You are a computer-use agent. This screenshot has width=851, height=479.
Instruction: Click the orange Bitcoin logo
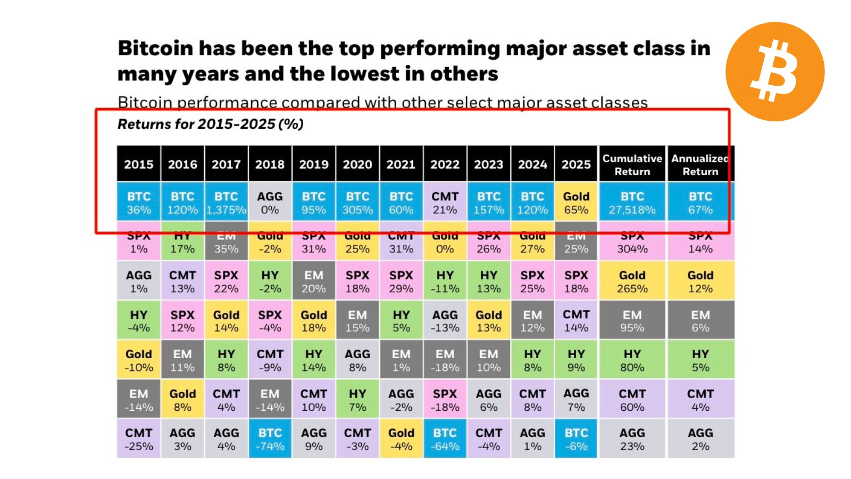click(x=775, y=71)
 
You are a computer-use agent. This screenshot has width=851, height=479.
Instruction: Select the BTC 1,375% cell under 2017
click(x=226, y=203)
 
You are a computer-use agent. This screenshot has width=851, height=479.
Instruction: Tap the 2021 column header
click(x=401, y=164)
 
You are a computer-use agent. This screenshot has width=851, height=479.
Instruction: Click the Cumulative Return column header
click(x=632, y=164)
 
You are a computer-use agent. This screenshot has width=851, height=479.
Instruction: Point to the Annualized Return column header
click(x=700, y=164)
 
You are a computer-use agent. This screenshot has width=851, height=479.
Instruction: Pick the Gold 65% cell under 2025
click(x=576, y=203)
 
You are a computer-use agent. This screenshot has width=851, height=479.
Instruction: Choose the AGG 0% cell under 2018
click(x=270, y=203)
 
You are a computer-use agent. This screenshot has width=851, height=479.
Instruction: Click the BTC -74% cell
click(x=270, y=439)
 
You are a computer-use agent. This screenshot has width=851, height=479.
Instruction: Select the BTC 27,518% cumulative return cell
click(x=632, y=203)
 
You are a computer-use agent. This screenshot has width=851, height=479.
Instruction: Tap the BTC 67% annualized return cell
click(x=700, y=203)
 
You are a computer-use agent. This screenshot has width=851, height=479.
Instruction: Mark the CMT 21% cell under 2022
click(x=445, y=203)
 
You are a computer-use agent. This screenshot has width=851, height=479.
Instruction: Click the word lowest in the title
click(x=368, y=74)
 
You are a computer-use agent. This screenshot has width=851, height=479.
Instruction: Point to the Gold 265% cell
click(x=632, y=282)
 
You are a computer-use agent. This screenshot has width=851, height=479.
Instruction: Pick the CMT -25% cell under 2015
click(x=139, y=439)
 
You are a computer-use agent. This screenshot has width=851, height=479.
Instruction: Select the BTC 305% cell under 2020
click(x=357, y=203)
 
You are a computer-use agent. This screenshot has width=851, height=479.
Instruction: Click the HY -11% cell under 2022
click(x=445, y=282)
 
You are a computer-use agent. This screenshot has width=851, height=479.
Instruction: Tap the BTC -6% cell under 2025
click(x=576, y=439)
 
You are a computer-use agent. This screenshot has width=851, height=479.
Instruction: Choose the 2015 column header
click(x=139, y=164)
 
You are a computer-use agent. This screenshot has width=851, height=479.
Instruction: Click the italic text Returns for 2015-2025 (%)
click(x=211, y=124)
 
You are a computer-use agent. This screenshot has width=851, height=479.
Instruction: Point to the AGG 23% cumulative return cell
click(x=632, y=439)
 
